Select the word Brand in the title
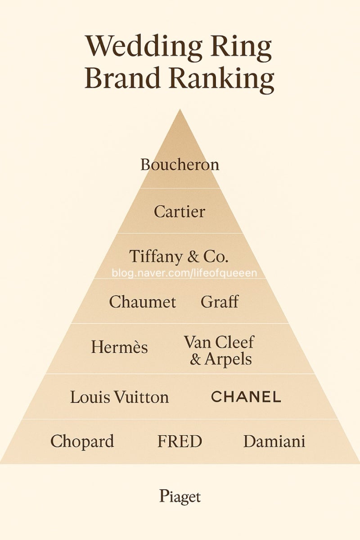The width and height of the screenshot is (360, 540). click(123, 77)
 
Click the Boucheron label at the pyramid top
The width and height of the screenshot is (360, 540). click(180, 165)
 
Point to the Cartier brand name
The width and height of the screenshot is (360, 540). click(180, 211)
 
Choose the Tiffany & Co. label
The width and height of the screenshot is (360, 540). click(179, 256)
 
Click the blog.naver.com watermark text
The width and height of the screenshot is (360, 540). click(184, 274)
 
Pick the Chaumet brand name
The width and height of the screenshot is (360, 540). click(143, 301)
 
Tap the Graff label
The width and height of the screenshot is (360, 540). click(220, 301)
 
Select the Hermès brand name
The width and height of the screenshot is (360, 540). click(119, 347)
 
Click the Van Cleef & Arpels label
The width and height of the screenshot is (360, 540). click(219, 350)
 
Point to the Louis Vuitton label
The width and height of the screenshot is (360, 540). click(119, 397)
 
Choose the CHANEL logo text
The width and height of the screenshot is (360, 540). click(246, 397)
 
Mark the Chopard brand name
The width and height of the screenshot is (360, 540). click(82, 441)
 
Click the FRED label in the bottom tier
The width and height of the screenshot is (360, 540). click(180, 441)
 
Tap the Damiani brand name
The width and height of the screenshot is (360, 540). click(274, 441)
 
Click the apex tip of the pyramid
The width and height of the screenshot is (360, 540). click(180, 109)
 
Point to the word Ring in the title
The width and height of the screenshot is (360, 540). click(241, 48)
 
